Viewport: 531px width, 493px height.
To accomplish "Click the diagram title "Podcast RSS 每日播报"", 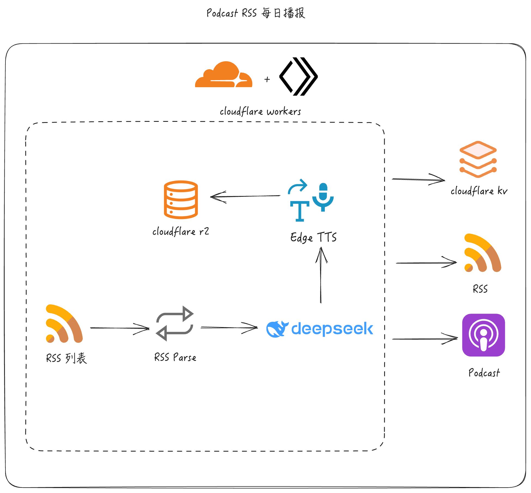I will pyautogui.click(x=256, y=13).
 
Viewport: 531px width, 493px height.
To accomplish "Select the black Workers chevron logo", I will pyautogui.click(x=299, y=76).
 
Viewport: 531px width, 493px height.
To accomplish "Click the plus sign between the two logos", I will pyautogui.click(x=267, y=79).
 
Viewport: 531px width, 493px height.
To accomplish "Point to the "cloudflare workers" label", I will pyautogui.click(x=260, y=111).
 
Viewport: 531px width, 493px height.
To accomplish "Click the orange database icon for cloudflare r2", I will pyautogui.click(x=181, y=199).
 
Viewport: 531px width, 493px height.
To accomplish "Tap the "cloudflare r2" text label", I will pyautogui.click(x=181, y=232).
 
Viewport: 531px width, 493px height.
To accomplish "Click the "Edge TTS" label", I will pyautogui.click(x=313, y=237).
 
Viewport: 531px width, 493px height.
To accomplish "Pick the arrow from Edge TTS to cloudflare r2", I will pyautogui.click(x=245, y=196).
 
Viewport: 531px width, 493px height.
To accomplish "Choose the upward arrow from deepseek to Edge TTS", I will pyautogui.click(x=321, y=275).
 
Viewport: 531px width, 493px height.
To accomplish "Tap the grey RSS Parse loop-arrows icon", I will pyautogui.click(x=175, y=323).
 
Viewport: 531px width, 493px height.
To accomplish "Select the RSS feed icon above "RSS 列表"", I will pyautogui.click(x=64, y=323).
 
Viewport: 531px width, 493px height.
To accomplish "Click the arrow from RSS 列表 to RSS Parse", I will pyautogui.click(x=120, y=328).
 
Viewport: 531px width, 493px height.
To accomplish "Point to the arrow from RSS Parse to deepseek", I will pyautogui.click(x=229, y=328).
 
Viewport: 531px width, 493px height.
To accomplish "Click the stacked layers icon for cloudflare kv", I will pyautogui.click(x=478, y=159).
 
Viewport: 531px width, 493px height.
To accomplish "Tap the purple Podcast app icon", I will pyautogui.click(x=484, y=335).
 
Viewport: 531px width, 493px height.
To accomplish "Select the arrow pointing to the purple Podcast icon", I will pyautogui.click(x=425, y=339).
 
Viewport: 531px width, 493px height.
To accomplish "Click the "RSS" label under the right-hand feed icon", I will pyautogui.click(x=480, y=289).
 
